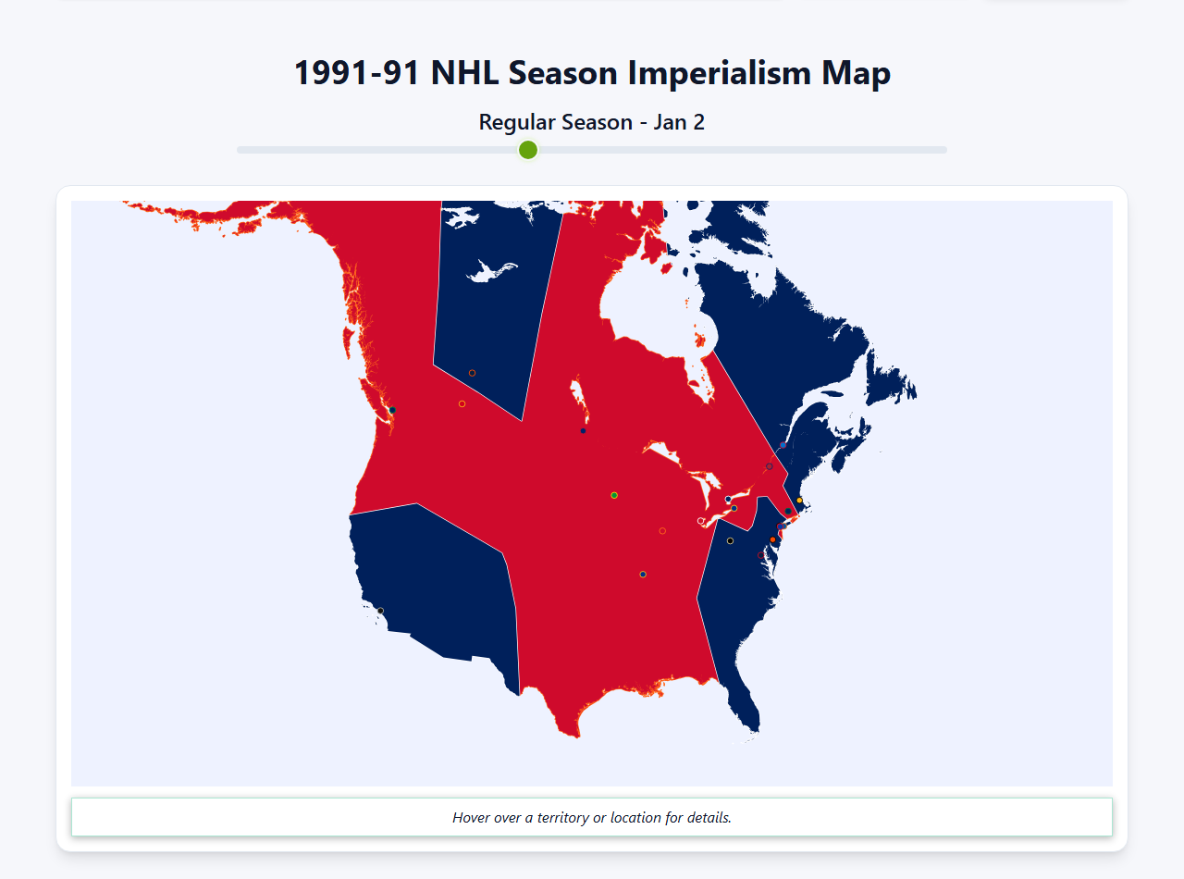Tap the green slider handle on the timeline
[528, 150]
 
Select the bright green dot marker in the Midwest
[614, 495]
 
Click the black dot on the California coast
[380, 611]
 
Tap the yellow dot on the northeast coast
[799, 501]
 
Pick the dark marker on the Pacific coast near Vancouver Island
[392, 410]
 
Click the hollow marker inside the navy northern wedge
[472, 373]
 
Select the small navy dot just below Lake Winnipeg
[583, 430]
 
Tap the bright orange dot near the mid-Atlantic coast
[772, 539]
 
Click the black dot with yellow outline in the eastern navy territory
[730, 540]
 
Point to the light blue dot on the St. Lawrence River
[783, 445]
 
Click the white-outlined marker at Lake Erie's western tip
[700, 521]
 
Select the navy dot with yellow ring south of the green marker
[643, 575]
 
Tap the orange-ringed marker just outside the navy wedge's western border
[462, 403]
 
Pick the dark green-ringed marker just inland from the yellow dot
[788, 511]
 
